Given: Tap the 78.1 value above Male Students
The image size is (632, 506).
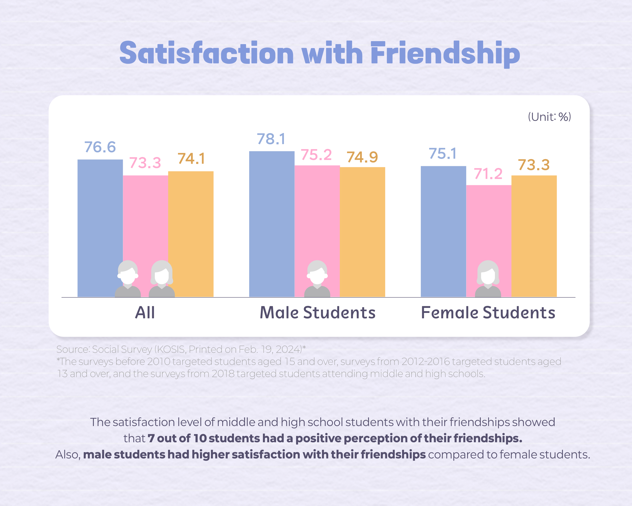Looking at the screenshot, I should click(271, 139).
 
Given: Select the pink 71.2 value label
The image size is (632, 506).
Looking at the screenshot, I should click(488, 174).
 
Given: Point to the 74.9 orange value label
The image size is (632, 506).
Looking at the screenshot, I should click(362, 157).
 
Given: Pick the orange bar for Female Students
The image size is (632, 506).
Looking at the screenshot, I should click(534, 235).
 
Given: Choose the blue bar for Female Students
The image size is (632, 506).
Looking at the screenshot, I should click(443, 229).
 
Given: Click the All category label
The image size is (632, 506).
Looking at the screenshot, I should click(145, 313).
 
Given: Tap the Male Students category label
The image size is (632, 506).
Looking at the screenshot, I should click(318, 313).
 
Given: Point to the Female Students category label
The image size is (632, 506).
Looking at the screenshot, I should click(488, 313).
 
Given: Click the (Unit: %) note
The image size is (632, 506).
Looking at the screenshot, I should click(549, 117).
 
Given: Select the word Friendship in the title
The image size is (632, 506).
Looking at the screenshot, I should click(445, 54).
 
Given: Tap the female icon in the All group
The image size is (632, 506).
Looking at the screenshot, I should click(162, 279).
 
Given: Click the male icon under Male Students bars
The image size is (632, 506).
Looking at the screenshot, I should click(317, 279).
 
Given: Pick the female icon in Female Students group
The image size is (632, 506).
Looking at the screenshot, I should click(488, 279).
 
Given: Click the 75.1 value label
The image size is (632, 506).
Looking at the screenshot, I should click(443, 153).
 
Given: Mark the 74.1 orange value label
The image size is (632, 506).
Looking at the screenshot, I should click(191, 159).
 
